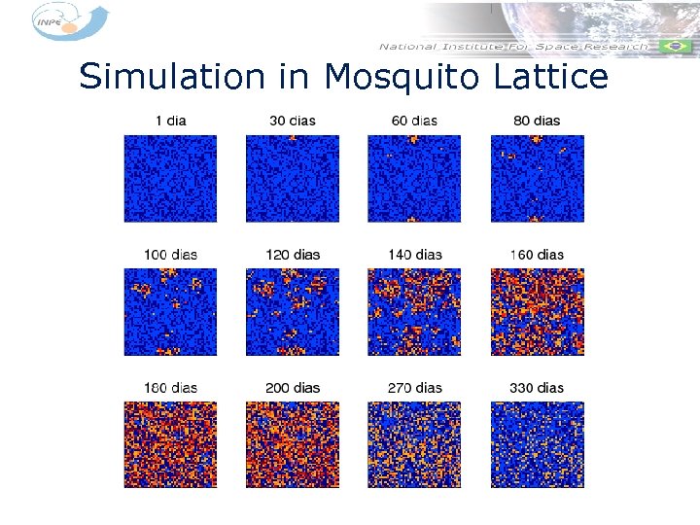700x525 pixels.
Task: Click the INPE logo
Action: pyautogui.click(x=68, y=21)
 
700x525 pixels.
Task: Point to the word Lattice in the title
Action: pyautogui.click(x=543, y=76)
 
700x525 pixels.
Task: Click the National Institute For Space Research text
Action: pyautogui.click(x=513, y=46)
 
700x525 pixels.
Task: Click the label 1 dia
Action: pyautogui.click(x=170, y=121)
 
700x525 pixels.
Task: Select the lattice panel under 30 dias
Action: pyautogui.click(x=292, y=178)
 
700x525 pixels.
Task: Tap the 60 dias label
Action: pyautogui.click(x=414, y=121)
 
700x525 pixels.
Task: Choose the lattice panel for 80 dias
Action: pyautogui.click(x=537, y=178)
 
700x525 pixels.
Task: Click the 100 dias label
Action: pyautogui.click(x=170, y=255)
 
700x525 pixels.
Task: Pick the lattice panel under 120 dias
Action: pyautogui.click(x=292, y=312)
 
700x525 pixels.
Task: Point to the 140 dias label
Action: pyautogui.click(x=414, y=255)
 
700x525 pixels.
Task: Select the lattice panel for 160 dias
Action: pyautogui.click(x=537, y=312)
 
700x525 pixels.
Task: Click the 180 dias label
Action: pyautogui.click(x=170, y=388)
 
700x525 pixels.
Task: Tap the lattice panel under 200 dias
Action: pyautogui.click(x=292, y=444)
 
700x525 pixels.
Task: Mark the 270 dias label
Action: pyautogui.click(x=414, y=388)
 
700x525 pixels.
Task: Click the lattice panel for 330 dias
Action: pyautogui.click(x=537, y=444)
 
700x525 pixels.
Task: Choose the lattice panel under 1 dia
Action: pyautogui.click(x=170, y=178)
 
